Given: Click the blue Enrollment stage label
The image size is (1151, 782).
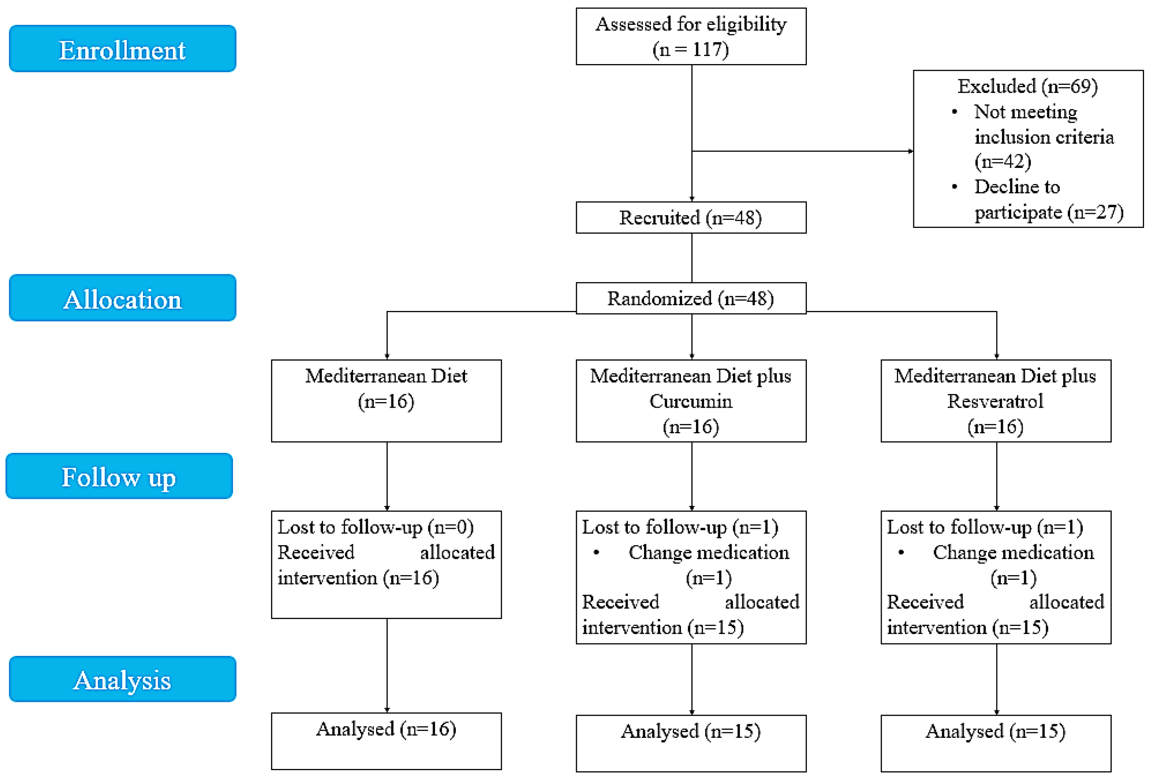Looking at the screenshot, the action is [122, 49].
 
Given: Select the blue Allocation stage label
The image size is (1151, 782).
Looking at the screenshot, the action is [122, 298].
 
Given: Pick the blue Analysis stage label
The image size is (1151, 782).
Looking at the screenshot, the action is [122, 679].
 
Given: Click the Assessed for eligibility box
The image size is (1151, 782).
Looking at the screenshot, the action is [691, 36].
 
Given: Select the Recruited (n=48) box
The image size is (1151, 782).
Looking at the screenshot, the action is [691, 217].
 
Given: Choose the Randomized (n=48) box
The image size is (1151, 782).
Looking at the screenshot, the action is [691, 298].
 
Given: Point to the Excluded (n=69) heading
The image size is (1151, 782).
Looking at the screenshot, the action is [1028, 86].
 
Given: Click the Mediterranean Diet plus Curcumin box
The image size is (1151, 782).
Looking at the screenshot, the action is [691, 401].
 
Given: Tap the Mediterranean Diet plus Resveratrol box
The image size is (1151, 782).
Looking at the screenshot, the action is [996, 401].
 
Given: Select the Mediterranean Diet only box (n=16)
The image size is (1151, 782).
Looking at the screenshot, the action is [386, 401].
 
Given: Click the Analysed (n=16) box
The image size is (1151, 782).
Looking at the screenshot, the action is [386, 741].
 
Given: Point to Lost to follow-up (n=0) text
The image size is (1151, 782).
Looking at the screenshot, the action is [375, 527].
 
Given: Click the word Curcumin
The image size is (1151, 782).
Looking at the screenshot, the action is [691, 401].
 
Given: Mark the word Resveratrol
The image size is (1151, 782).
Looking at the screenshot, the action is [996, 401].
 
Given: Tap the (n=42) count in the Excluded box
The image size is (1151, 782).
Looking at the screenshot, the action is [1003, 161].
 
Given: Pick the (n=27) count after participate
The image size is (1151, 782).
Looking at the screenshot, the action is [1095, 212].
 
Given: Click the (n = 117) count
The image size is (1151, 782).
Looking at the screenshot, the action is [691, 50].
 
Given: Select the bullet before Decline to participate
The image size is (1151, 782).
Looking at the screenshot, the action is [954, 186].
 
